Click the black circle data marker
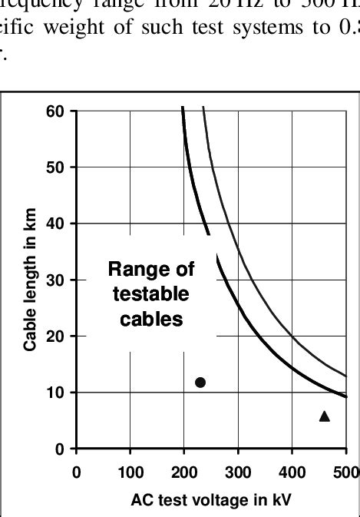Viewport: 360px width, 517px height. click(x=201, y=382)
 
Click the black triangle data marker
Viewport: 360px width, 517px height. click(x=325, y=416)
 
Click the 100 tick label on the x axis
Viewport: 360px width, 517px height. click(x=130, y=471)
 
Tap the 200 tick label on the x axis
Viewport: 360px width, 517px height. click(x=184, y=471)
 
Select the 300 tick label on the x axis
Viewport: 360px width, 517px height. click(x=239, y=471)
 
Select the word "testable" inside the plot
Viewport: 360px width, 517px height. click(x=151, y=294)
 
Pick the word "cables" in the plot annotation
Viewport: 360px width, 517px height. click(x=151, y=319)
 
